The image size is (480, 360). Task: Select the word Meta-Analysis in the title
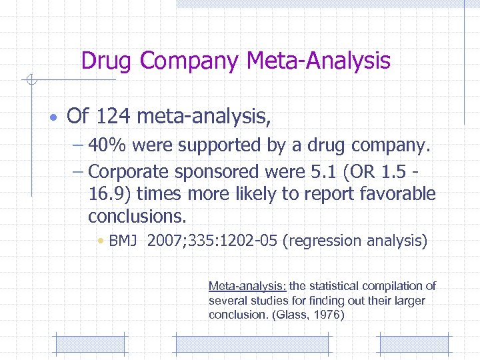click(318, 61)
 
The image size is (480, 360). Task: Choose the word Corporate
click(129, 171)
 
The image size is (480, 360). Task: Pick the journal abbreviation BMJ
click(123, 241)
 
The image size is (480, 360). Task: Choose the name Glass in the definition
click(294, 315)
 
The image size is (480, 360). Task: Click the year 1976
click(327, 315)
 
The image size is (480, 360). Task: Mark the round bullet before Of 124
click(53, 118)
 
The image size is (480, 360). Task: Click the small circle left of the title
click(29, 81)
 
